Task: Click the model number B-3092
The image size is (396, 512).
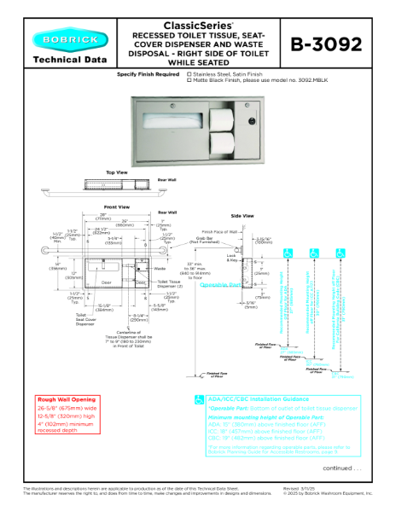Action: tap(326, 45)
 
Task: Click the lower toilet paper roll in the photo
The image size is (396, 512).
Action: tap(227, 141)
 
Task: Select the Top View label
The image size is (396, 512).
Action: tap(116, 172)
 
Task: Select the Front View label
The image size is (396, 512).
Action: tap(116, 207)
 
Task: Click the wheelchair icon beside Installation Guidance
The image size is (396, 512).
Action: tap(199, 399)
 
